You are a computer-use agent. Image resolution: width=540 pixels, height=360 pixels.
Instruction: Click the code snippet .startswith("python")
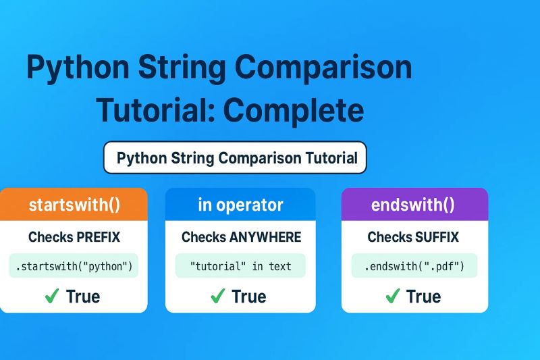(74, 266)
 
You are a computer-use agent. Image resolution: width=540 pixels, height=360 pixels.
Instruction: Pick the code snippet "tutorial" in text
(240, 266)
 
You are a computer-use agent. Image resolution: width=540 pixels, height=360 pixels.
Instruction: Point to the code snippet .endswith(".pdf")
(414, 266)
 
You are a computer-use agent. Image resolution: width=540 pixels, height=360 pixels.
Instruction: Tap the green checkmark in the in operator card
(217, 296)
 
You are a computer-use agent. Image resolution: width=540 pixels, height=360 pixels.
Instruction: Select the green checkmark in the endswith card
(393, 296)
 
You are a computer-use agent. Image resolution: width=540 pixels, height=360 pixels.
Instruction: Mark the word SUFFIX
(435, 237)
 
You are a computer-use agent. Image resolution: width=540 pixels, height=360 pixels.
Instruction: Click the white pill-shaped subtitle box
(235, 159)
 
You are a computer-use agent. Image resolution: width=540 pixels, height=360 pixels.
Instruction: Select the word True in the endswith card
(424, 297)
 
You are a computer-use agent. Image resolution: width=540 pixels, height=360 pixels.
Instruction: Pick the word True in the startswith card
(83, 297)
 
